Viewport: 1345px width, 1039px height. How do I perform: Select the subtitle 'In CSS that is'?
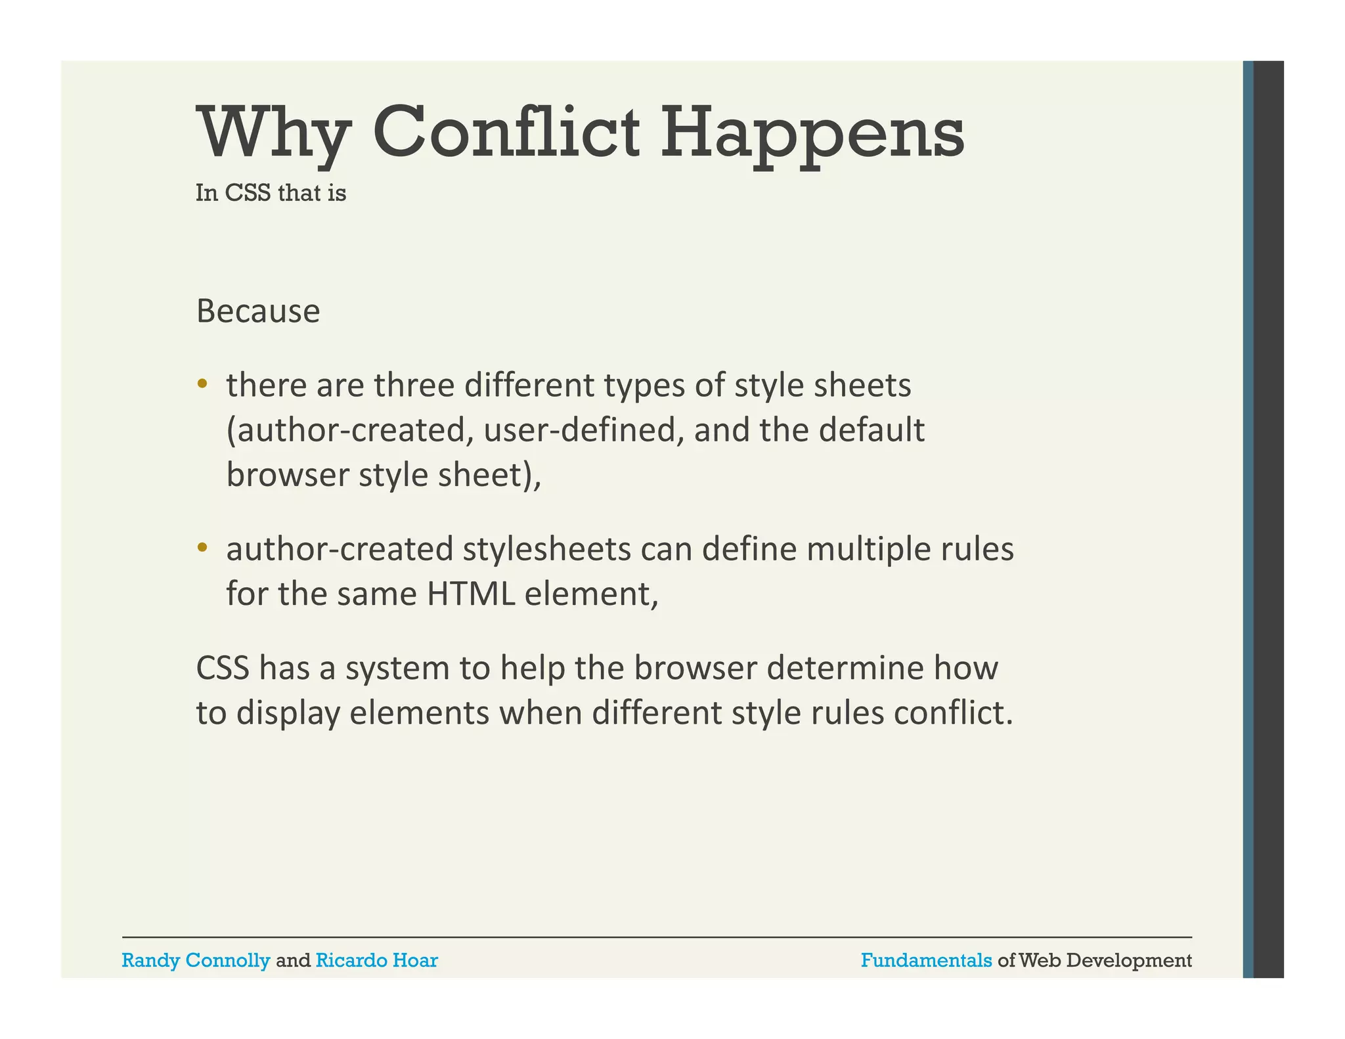[271, 193]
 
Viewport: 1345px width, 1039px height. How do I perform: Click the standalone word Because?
[258, 311]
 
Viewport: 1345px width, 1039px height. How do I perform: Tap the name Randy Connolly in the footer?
[196, 960]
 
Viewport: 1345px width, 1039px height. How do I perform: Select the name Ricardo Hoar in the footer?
[376, 960]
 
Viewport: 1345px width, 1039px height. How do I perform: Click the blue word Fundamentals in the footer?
[926, 960]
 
